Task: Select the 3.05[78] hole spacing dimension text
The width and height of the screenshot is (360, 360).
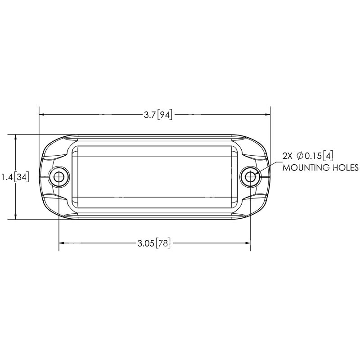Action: tap(154, 243)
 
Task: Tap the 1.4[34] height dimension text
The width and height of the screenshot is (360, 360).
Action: tap(15, 177)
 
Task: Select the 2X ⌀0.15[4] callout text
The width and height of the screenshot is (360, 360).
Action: tap(307, 156)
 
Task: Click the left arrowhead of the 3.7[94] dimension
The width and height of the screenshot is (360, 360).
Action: tap(43, 114)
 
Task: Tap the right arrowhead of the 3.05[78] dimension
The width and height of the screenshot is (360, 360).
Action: tap(247, 243)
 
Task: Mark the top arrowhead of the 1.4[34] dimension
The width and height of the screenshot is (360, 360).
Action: tap(16, 137)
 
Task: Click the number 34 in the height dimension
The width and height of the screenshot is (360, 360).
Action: tap(22, 177)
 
